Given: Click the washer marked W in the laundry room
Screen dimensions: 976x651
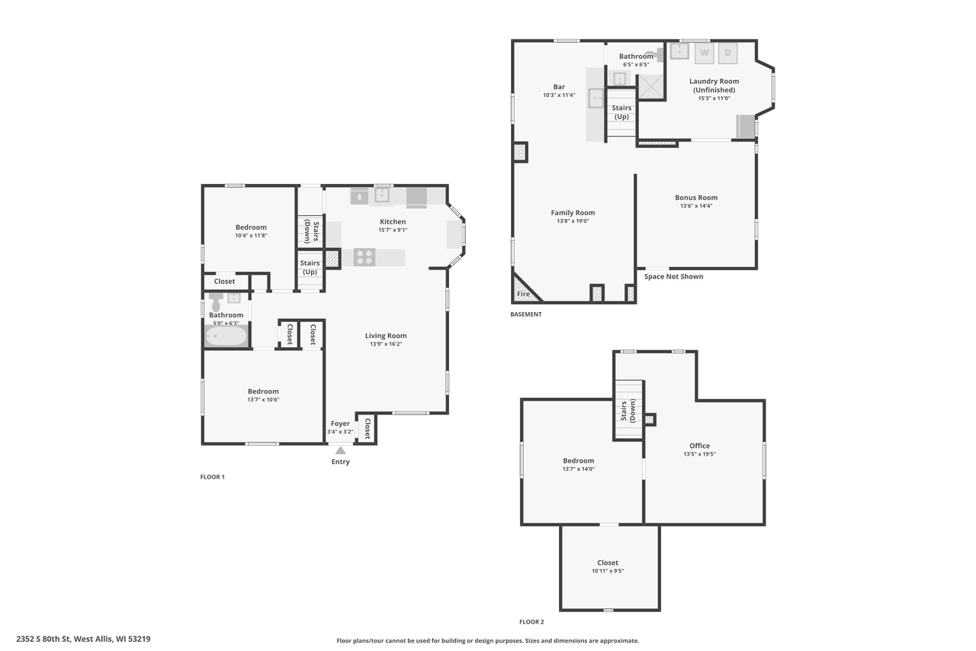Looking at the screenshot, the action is (704, 53).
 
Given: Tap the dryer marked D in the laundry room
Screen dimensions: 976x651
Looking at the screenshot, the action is (727, 53).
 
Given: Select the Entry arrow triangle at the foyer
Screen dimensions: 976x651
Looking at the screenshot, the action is (340, 450).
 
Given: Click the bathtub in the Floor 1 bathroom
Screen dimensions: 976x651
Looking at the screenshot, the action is (226, 336).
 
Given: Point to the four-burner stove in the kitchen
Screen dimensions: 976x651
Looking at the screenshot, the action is (364, 257).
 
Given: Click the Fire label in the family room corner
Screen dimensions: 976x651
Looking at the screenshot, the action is (523, 294).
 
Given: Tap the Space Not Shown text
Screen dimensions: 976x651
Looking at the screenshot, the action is (673, 276).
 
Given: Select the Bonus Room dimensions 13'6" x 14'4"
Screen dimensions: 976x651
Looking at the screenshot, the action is (696, 206).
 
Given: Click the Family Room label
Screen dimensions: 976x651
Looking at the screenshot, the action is (573, 213).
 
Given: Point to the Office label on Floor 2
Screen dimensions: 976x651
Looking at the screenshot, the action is (699, 446).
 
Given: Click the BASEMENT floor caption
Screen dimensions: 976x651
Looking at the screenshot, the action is (526, 314).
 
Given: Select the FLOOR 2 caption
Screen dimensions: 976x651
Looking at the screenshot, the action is (531, 622).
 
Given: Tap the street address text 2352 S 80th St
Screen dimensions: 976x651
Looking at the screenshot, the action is (43, 639).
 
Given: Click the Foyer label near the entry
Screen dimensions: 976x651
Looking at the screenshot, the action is (340, 424).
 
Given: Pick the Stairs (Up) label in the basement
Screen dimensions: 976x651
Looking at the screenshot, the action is (621, 112).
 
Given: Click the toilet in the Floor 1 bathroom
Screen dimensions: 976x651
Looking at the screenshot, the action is (215, 301).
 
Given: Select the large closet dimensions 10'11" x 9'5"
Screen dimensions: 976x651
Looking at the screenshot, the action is (608, 571).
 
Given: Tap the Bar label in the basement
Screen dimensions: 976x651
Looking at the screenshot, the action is (559, 87).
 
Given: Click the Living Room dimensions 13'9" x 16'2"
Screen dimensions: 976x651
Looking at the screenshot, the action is (386, 344).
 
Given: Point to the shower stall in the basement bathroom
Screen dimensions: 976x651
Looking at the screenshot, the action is (651, 87).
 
